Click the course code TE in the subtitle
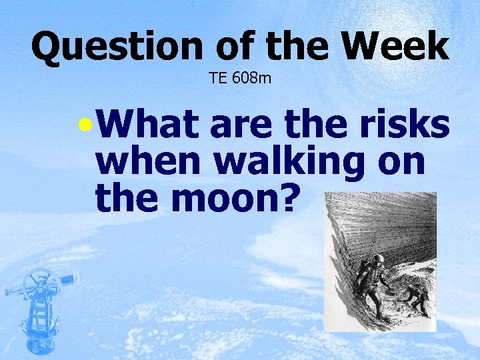coord(217,79)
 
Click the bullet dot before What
coord(83,125)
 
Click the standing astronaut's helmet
coord(377,260)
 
